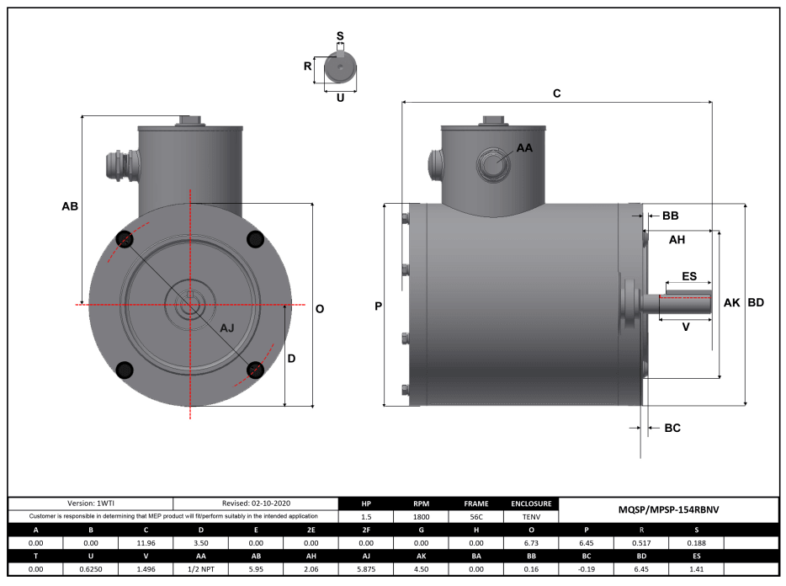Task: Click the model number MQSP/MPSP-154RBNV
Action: pyautogui.click(x=669, y=509)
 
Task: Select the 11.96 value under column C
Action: pyautogui.click(x=146, y=543)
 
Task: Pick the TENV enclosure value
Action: pyautogui.click(x=530, y=516)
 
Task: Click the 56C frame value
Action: pyautogui.click(x=475, y=516)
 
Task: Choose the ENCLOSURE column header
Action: pyautogui.click(x=530, y=503)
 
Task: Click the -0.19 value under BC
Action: pyautogui.click(x=586, y=569)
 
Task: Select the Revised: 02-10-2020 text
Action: pyautogui.click(x=255, y=503)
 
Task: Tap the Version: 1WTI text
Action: pyautogui.click(x=91, y=503)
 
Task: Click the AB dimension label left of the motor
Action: pyautogui.click(x=70, y=206)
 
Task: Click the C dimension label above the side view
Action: pyautogui.click(x=556, y=93)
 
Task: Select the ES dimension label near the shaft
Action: pyautogui.click(x=688, y=276)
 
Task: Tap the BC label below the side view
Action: pyautogui.click(x=672, y=428)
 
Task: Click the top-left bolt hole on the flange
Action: pyautogui.click(x=124, y=239)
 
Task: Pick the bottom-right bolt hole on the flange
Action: pyautogui.click(x=255, y=370)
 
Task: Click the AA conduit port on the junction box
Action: pyautogui.click(x=493, y=163)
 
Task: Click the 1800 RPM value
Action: pyautogui.click(x=421, y=516)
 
